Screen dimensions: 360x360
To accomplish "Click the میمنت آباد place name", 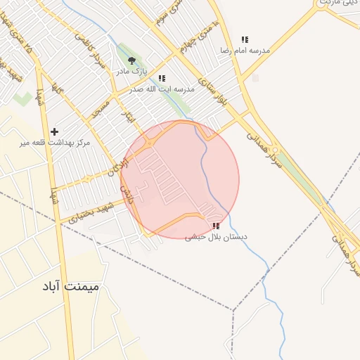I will coord(70,288).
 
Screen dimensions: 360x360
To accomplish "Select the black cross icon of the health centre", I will coord(55,131).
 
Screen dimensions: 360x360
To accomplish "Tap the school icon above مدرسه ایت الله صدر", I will coord(162,78).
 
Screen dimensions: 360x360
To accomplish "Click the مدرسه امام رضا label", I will coord(245,51).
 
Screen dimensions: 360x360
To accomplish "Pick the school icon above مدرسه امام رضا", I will coord(245,40).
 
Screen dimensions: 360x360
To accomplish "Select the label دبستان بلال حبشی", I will coord(216,237).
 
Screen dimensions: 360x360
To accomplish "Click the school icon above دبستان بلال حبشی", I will coord(216,226).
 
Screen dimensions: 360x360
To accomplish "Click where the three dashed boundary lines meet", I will coord(233,309).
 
